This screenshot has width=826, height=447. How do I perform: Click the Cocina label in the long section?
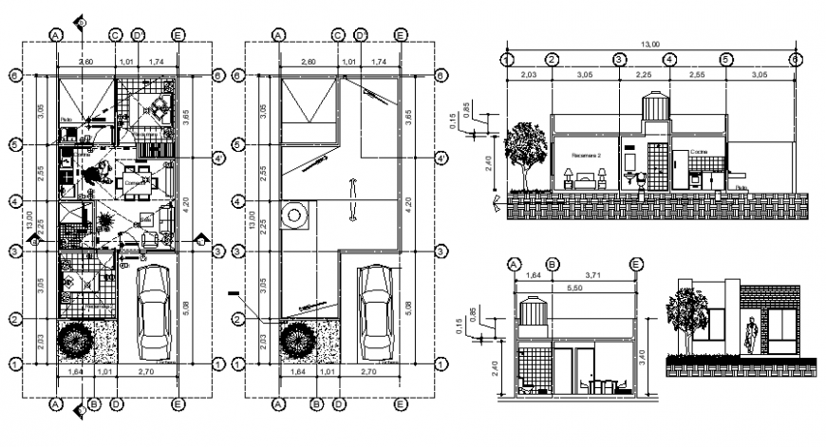pos(699,150)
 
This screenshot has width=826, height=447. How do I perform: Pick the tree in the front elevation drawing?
pos(685,313)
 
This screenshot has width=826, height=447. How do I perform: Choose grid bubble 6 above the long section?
pos(794,59)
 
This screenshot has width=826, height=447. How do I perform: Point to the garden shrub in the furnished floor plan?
pos(76,339)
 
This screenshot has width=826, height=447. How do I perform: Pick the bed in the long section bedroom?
pos(588,177)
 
